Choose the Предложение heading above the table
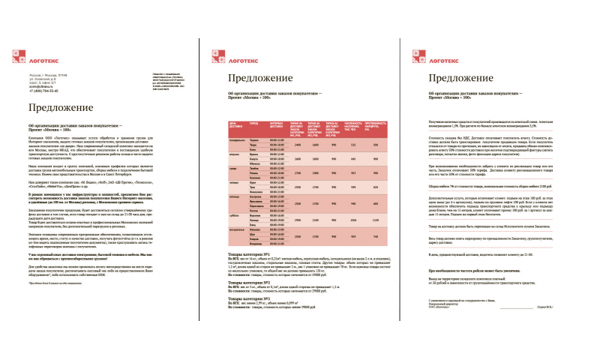259,78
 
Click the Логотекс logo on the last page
440,54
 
